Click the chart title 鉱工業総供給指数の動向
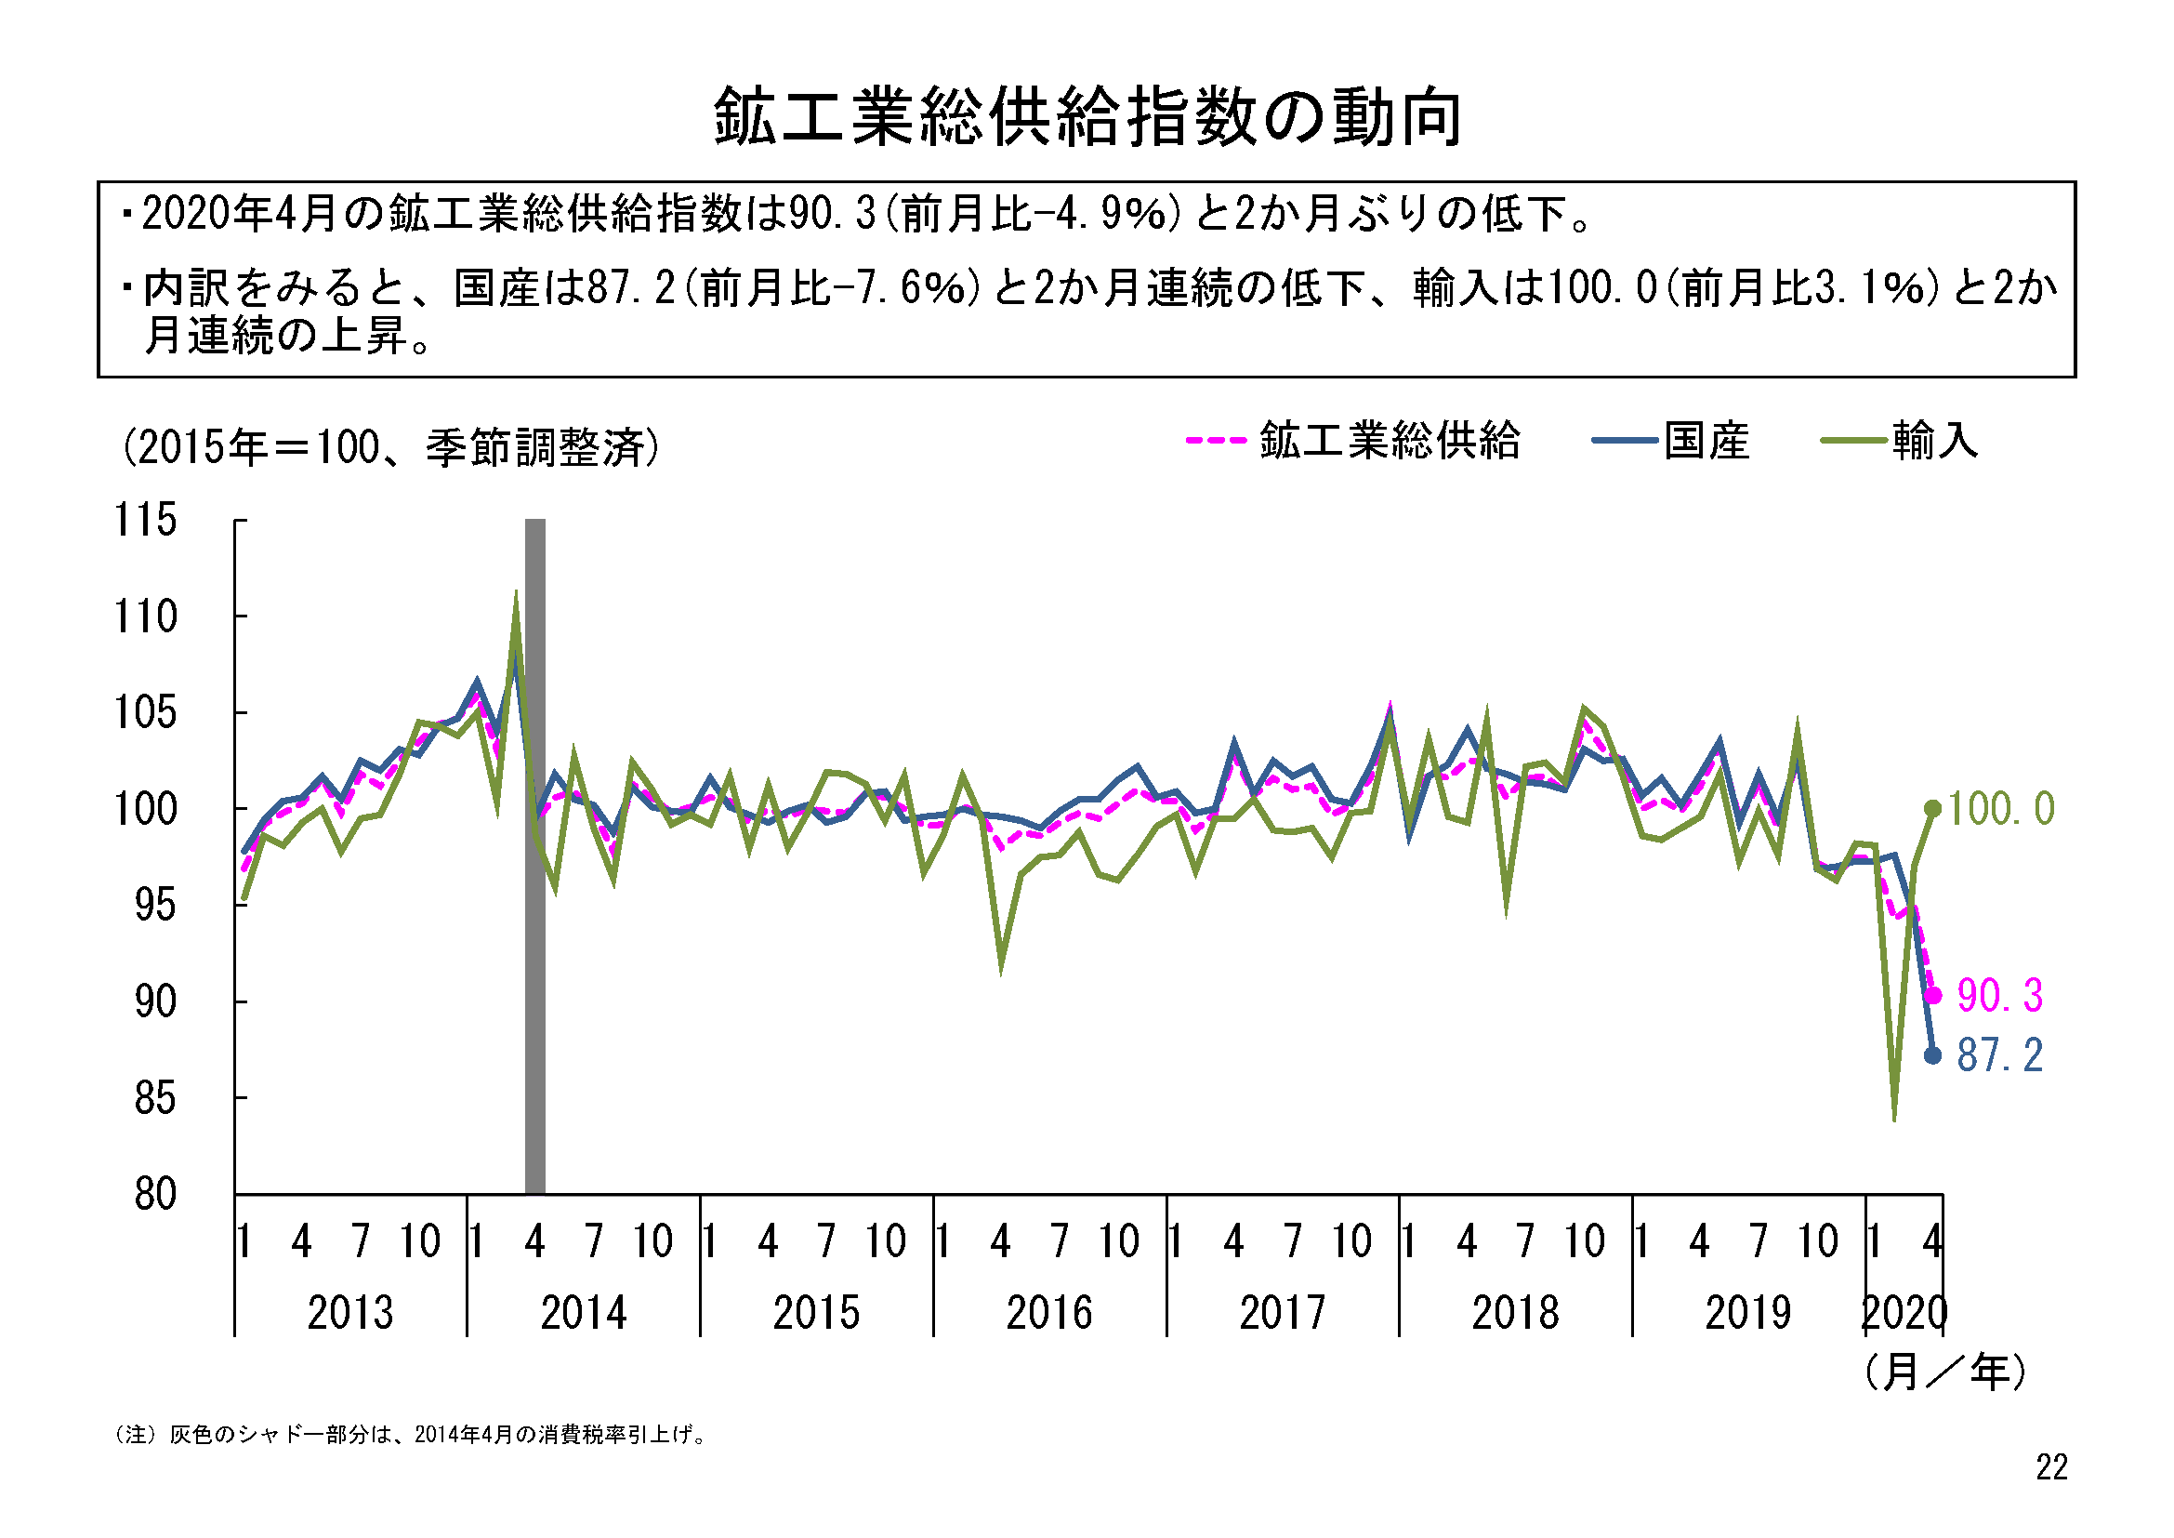(1087, 117)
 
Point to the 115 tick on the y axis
(145, 520)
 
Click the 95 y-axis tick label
(155, 907)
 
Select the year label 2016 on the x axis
(1049, 1314)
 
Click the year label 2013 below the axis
(350, 1314)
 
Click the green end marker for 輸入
(1933, 809)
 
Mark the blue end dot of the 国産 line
(1933, 1056)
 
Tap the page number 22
(2052, 1468)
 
